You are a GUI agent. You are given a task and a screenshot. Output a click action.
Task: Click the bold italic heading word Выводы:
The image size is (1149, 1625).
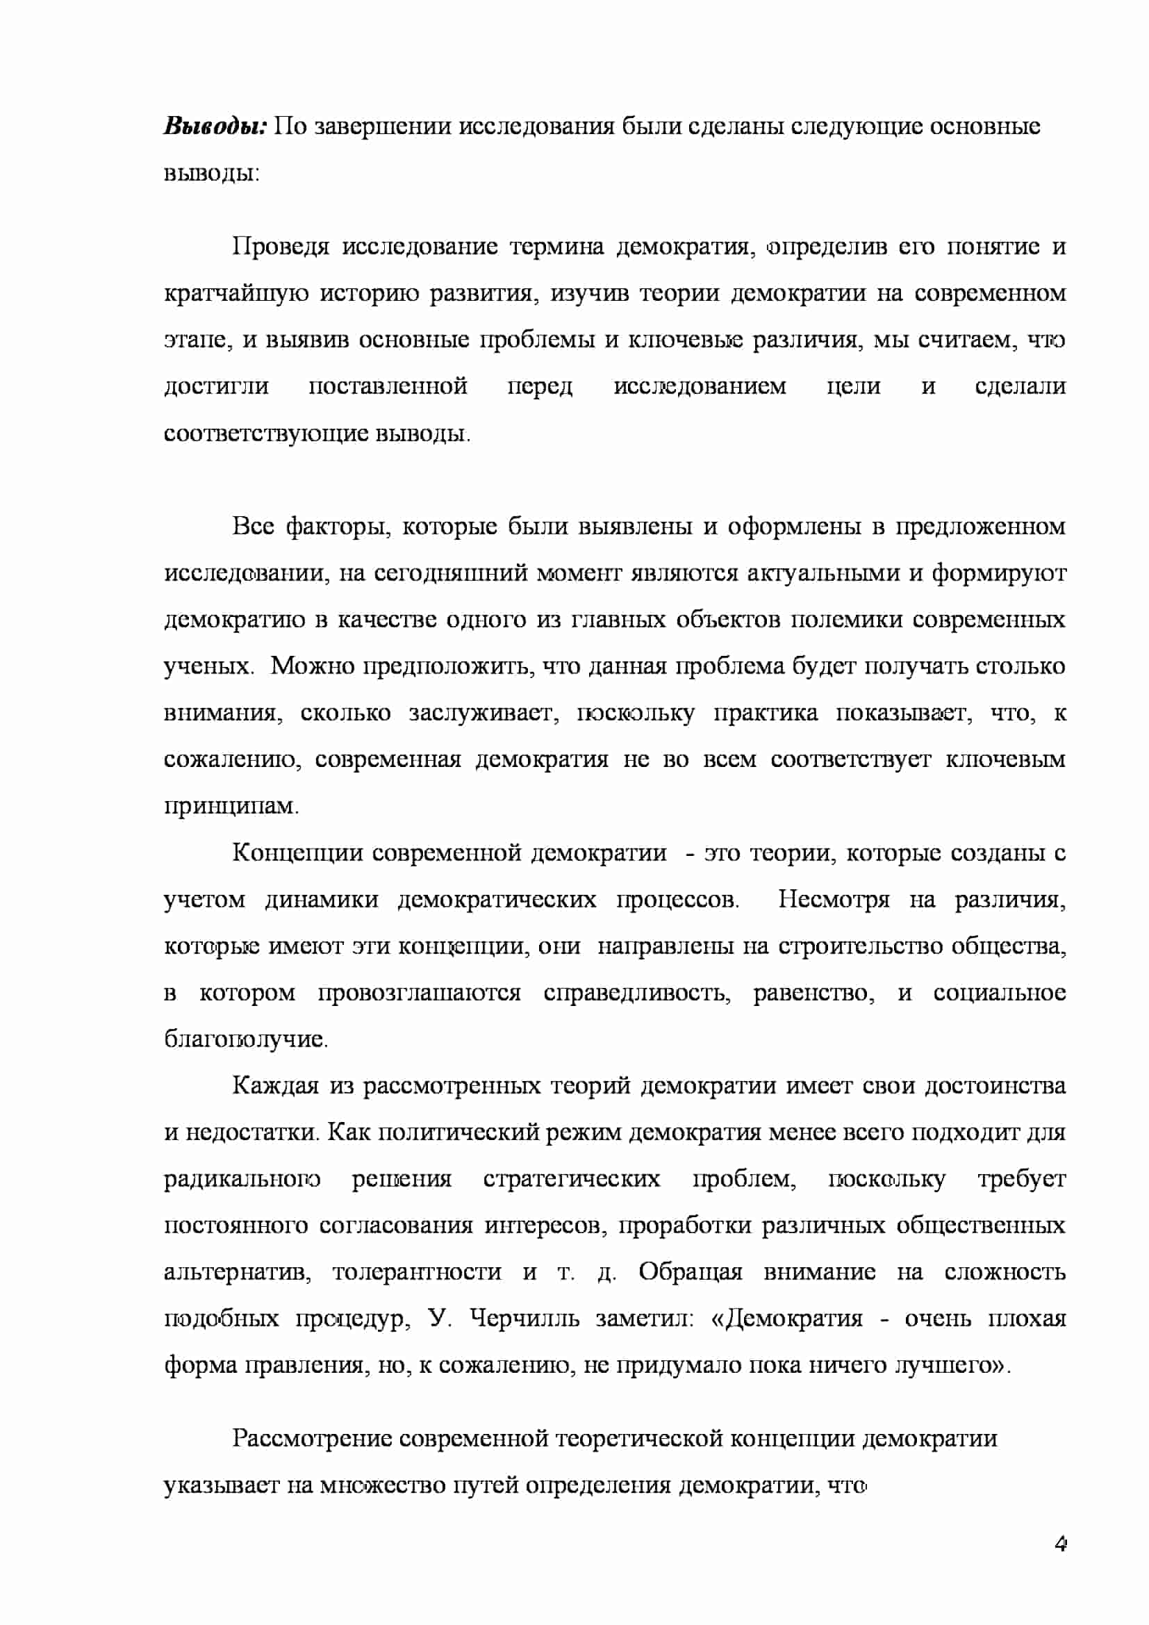(215, 126)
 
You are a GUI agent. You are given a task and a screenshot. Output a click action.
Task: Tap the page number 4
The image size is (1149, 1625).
(1060, 1544)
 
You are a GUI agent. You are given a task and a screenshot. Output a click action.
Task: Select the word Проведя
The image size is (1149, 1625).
(281, 247)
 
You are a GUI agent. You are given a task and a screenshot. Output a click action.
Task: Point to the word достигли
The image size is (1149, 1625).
(217, 386)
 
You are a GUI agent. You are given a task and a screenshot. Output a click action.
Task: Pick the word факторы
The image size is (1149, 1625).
(338, 527)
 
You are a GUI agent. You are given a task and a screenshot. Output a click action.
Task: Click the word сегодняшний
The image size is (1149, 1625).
(450, 573)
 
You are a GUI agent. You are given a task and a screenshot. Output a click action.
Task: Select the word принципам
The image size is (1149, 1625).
(231, 806)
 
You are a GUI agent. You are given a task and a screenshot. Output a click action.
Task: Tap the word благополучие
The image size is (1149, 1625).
(245, 1039)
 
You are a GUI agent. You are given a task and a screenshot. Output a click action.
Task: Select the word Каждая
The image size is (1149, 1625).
(275, 1086)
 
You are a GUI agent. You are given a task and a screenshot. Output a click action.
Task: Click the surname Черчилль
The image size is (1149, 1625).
(524, 1319)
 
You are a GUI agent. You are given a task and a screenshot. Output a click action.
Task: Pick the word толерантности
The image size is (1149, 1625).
(417, 1272)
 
